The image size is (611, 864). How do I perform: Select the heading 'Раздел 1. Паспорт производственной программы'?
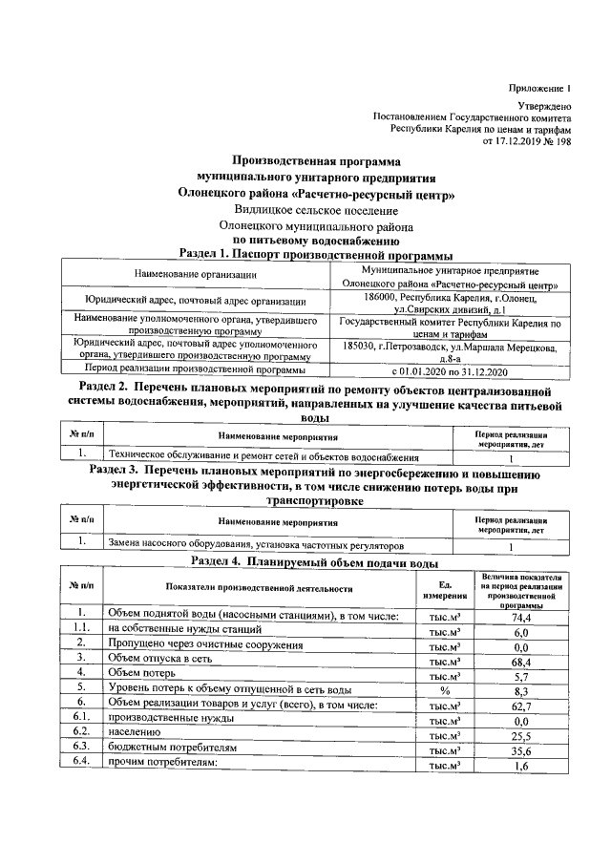coord(316,254)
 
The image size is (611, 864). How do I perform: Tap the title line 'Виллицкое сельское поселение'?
coord(316,210)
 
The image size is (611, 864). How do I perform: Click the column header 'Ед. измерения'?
coord(444,589)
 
